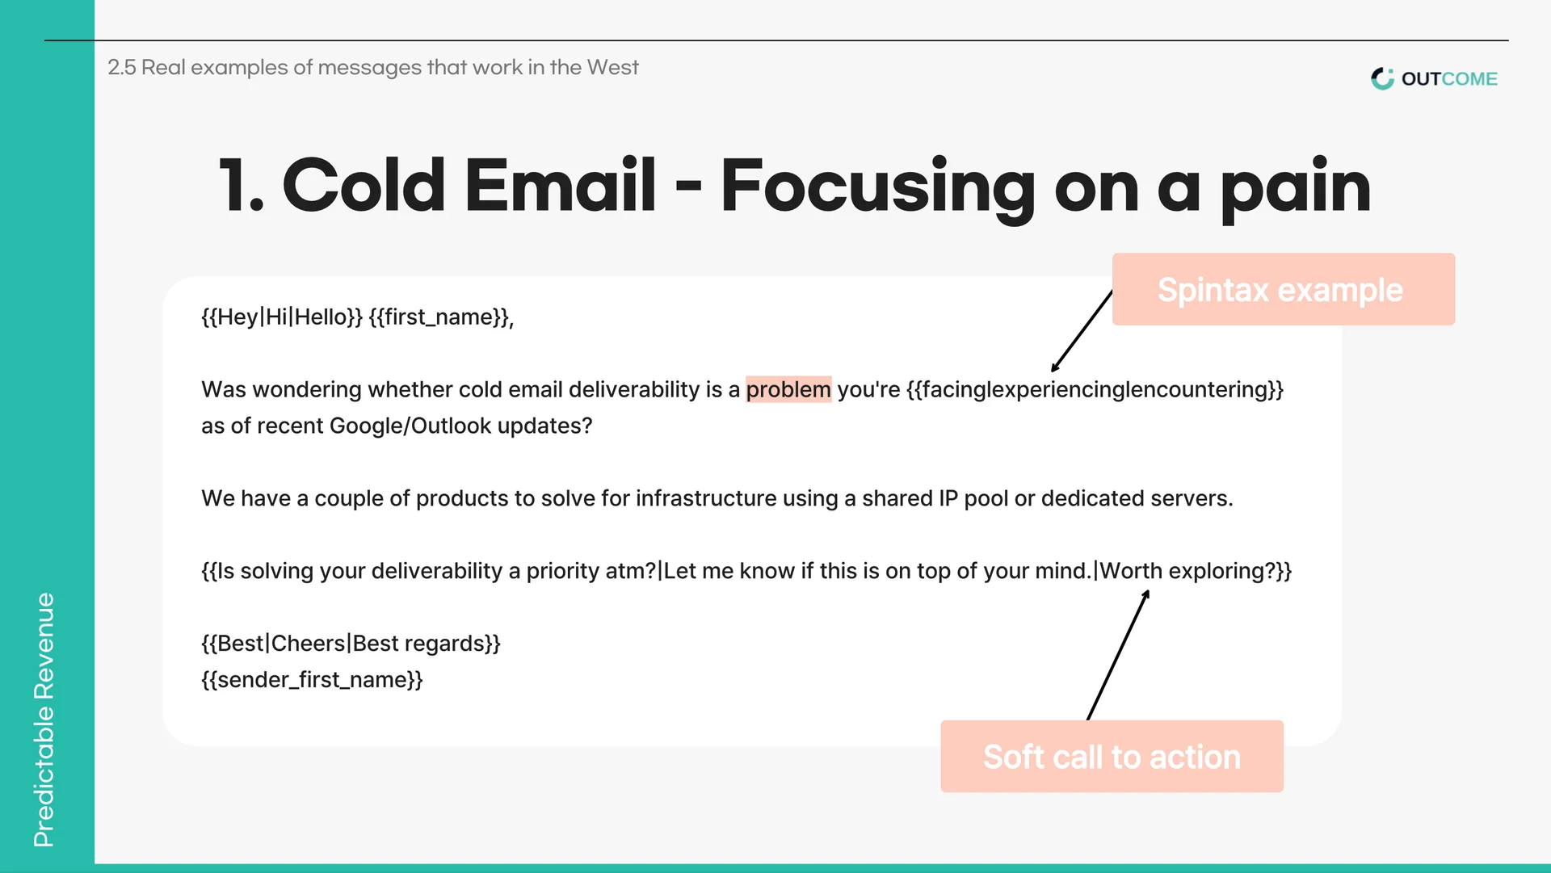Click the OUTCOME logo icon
coord(1382,78)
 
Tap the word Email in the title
coord(560,186)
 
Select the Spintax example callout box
coord(1283,289)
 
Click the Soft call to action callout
coord(1112,756)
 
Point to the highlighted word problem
coord(788,389)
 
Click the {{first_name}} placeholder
coord(441,317)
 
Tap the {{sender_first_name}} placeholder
coord(312,680)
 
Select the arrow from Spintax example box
coord(1082,331)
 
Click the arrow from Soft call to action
coord(1118,654)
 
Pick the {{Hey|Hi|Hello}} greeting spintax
coord(282,317)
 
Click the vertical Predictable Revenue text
coord(44,720)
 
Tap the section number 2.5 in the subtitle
coord(122,67)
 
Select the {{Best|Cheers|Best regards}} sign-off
coord(351,644)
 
